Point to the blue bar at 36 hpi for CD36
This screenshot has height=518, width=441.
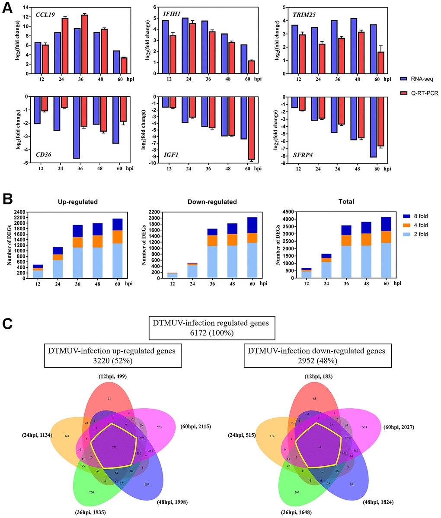76,127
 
